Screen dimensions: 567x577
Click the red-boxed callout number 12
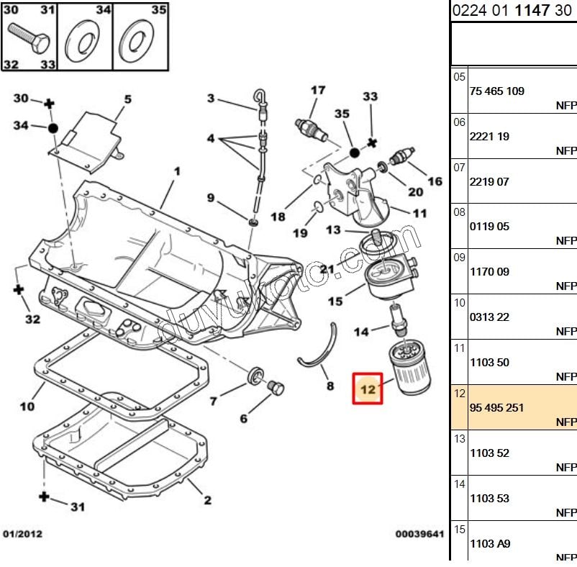pyautogui.click(x=368, y=389)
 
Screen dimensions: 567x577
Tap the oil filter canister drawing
pyautogui.click(x=409, y=368)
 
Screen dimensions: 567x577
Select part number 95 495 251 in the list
pyautogui.click(x=496, y=407)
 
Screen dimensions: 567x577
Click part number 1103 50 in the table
pyautogui.click(x=489, y=362)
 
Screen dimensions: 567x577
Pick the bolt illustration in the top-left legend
pyautogui.click(x=29, y=37)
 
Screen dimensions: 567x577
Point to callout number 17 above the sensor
pyautogui.click(x=318, y=91)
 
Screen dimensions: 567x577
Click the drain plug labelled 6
pyautogui.click(x=274, y=389)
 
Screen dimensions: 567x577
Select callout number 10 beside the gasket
pyautogui.click(x=27, y=407)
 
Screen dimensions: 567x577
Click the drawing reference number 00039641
pyautogui.click(x=419, y=534)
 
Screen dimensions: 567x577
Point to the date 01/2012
pyautogui.click(x=22, y=534)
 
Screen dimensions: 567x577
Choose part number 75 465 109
pyautogui.click(x=496, y=91)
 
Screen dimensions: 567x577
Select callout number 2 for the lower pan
pyautogui.click(x=206, y=501)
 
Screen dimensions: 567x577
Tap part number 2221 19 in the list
pyautogui.click(x=489, y=136)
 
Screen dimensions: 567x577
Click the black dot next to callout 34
pyautogui.click(x=53, y=127)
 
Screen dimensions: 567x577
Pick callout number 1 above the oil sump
pyautogui.click(x=177, y=171)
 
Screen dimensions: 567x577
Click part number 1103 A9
pyautogui.click(x=490, y=544)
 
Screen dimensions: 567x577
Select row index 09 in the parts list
pyautogui.click(x=460, y=257)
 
